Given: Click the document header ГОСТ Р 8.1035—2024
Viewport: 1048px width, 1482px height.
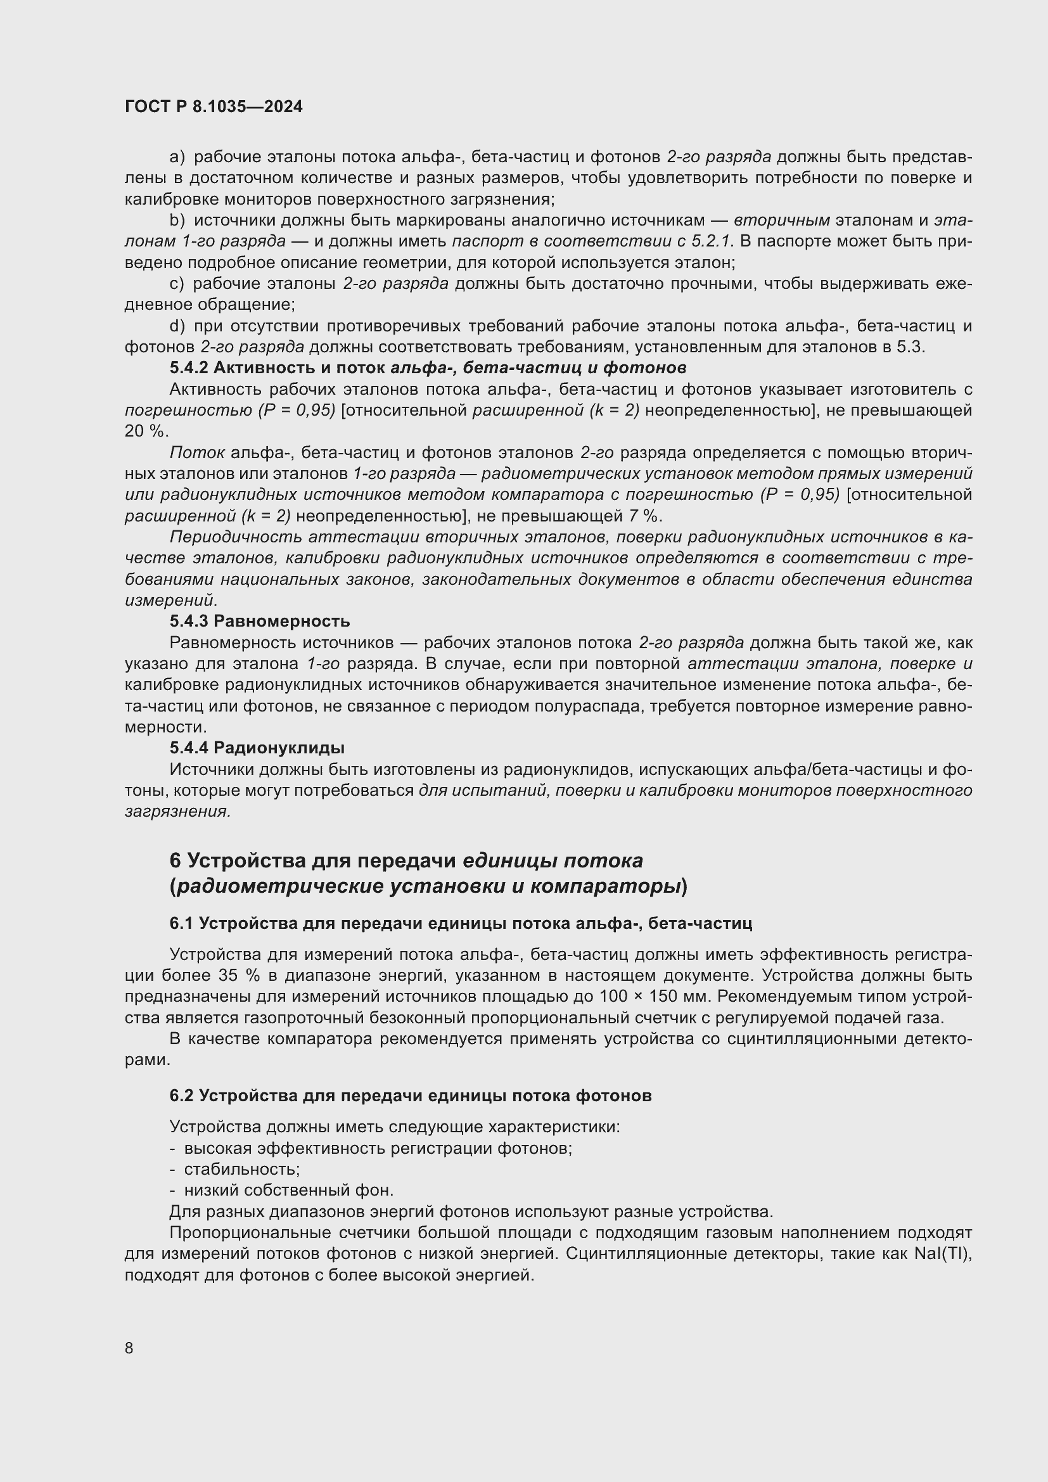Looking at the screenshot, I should tap(214, 107).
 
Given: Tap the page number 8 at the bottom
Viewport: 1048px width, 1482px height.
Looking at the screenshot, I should tap(129, 1348).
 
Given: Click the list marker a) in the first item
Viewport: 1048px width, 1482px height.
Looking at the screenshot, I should tap(177, 157).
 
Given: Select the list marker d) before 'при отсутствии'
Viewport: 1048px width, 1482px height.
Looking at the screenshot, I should tap(177, 326).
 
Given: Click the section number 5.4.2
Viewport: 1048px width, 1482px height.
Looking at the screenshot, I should tap(188, 368).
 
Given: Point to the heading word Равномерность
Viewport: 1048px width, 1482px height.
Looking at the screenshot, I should tap(281, 621).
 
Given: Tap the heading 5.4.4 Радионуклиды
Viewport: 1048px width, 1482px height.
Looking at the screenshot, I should tap(257, 748).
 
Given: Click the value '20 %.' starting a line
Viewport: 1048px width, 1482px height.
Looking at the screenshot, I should tap(146, 431).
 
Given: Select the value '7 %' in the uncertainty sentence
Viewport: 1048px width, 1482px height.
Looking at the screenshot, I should tap(642, 516).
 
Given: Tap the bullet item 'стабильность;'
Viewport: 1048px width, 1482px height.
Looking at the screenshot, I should tap(241, 1169).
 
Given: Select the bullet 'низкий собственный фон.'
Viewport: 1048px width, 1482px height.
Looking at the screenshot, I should tap(288, 1190).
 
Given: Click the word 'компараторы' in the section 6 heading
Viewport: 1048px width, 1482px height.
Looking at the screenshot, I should tap(606, 886).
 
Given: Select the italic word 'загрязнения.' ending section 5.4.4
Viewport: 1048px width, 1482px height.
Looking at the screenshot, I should tap(177, 812).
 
